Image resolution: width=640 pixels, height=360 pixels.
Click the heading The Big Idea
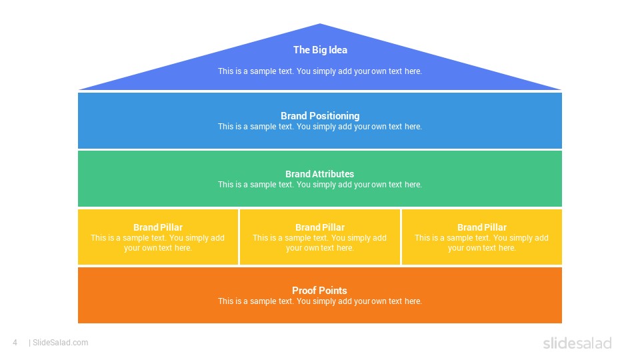(320, 50)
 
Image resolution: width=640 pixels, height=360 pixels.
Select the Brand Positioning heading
(320, 116)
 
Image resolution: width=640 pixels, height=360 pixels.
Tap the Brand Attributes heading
(319, 174)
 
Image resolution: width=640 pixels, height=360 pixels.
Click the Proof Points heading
(319, 291)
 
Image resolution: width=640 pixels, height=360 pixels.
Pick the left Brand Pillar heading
(158, 227)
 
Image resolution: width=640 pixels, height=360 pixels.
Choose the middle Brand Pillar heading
(320, 227)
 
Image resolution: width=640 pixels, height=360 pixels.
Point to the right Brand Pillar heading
(481, 227)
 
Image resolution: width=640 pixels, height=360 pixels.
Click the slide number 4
(15, 343)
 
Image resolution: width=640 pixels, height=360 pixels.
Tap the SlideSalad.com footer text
(60, 343)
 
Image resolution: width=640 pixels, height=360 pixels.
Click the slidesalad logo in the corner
(577, 343)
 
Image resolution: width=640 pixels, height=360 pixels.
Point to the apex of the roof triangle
(320, 24)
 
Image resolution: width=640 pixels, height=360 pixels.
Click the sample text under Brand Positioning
(320, 127)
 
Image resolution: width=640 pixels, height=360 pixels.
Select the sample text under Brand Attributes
(320, 185)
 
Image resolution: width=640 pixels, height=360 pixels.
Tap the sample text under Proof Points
(320, 301)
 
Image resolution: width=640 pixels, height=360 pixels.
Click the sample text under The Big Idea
(320, 71)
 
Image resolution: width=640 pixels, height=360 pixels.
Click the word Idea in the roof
(338, 50)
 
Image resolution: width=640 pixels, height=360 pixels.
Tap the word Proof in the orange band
(303, 291)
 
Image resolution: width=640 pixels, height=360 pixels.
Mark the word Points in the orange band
(332, 291)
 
